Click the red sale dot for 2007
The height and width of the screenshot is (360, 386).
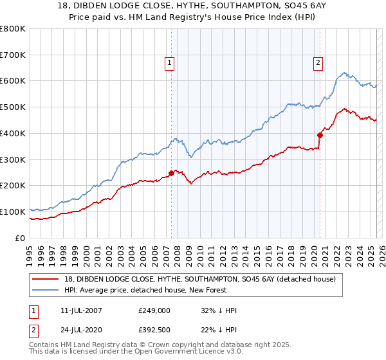tap(172, 173)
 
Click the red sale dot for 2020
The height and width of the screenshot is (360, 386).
tap(320, 135)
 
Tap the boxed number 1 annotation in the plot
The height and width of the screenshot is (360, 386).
tap(169, 62)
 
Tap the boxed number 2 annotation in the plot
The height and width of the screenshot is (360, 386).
tap(318, 62)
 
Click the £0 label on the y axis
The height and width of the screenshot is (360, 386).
tap(19, 238)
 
